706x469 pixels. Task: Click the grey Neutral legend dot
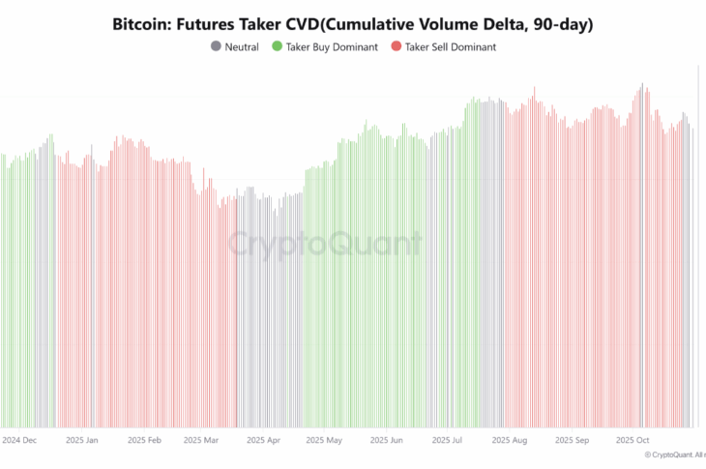point(215,46)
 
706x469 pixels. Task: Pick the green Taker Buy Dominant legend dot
point(277,46)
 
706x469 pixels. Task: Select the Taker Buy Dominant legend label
point(332,46)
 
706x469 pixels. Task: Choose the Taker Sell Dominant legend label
point(450,46)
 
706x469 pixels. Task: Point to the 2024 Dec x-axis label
point(19,440)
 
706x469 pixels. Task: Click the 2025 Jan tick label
point(81,440)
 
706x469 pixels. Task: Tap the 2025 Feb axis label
point(143,440)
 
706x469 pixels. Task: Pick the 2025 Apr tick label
point(262,440)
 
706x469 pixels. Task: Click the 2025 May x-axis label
point(323,440)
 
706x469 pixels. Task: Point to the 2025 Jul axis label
point(449,440)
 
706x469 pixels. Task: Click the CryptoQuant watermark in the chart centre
point(325,244)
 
